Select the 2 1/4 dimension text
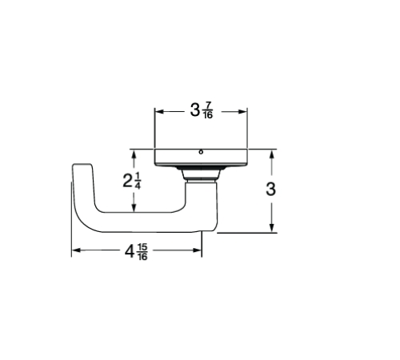coord(133,181)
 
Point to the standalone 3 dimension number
coord(271,190)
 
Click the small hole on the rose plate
coord(201,152)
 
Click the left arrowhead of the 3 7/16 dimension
coord(157,111)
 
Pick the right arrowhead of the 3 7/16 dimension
coord(245,111)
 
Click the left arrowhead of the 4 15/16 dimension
coord(75,251)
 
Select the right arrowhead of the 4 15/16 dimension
coord(199,251)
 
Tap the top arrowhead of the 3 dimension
coord(272,153)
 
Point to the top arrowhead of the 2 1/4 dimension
coord(134,153)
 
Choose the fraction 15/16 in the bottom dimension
coord(142,252)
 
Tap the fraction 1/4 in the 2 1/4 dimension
coord(138,182)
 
